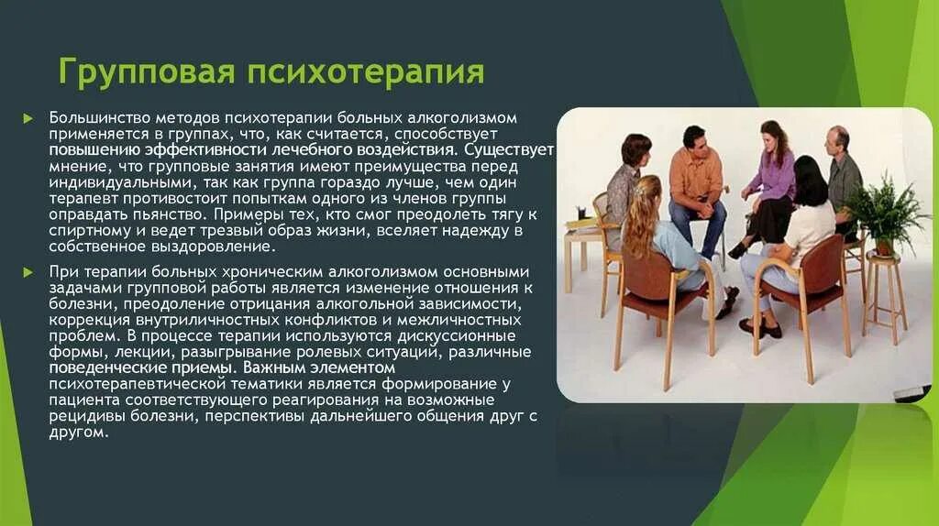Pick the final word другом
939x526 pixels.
tap(78, 432)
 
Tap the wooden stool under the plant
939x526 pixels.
tap(884, 293)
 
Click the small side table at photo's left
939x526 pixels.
tap(583, 247)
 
